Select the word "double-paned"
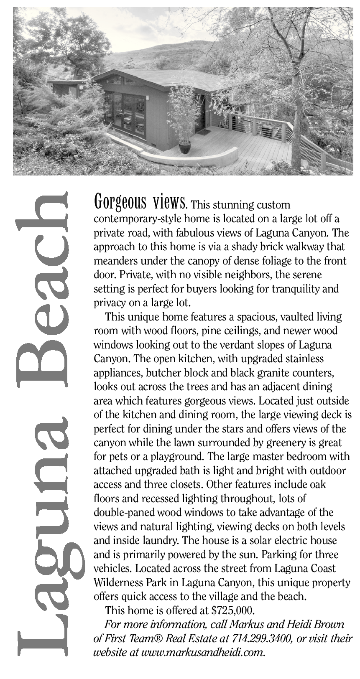[127, 513]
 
